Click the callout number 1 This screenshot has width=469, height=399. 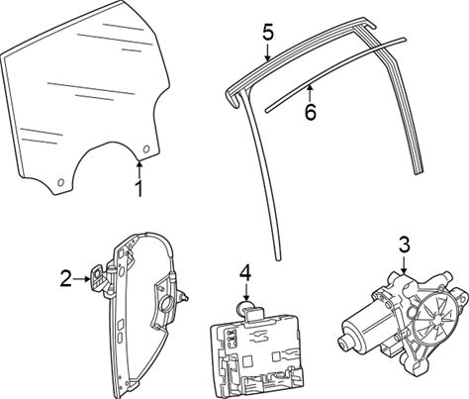[x=140, y=189]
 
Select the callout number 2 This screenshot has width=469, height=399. [x=65, y=278]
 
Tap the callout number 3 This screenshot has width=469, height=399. [x=405, y=246]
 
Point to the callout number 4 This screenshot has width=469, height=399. [x=245, y=274]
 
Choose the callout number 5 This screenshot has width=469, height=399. [x=268, y=33]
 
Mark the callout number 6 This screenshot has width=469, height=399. [x=310, y=113]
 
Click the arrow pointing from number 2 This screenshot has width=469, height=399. [x=81, y=279]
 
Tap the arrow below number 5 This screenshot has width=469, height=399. [x=268, y=52]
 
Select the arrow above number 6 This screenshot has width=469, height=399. [x=310, y=93]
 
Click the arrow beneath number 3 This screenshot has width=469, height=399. [x=405, y=264]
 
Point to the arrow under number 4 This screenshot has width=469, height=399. [x=245, y=293]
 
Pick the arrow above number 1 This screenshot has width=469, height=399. [x=140, y=169]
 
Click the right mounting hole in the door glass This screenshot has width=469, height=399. [x=146, y=150]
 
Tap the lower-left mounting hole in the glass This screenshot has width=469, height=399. [x=60, y=182]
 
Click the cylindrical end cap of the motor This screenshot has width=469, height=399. [x=343, y=343]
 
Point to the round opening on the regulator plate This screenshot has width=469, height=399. [x=167, y=304]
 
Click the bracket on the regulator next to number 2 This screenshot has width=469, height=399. [x=99, y=278]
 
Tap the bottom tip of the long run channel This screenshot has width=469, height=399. [x=279, y=259]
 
